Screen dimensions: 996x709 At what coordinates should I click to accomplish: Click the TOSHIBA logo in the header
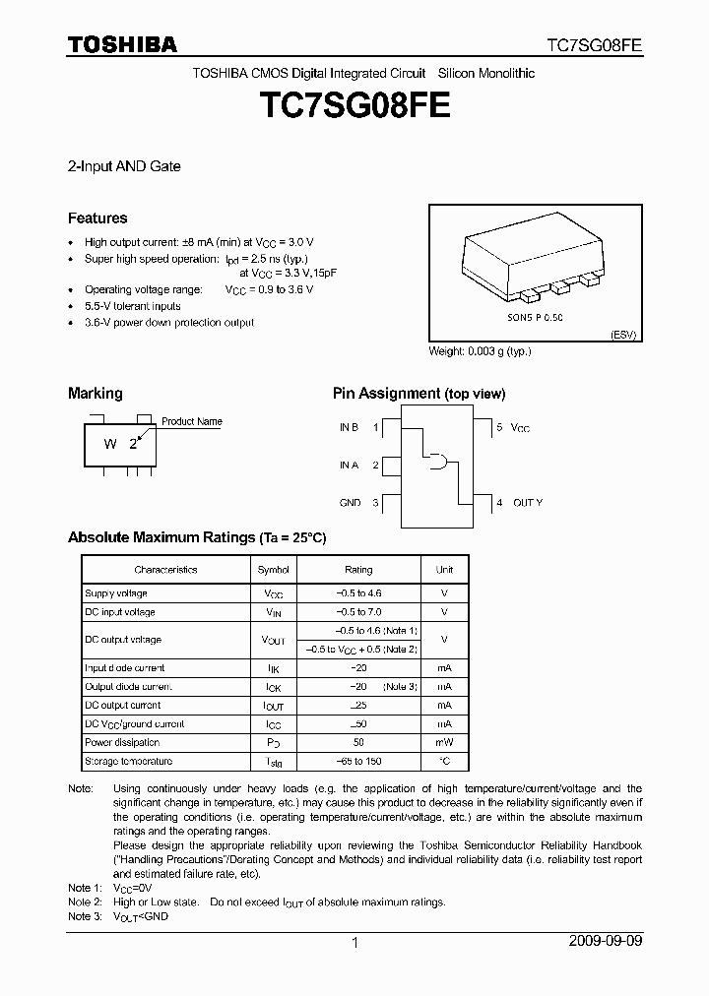pyautogui.click(x=122, y=44)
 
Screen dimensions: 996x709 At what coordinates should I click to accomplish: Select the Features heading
pyautogui.click(x=97, y=218)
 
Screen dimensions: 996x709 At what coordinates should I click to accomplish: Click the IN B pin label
pyautogui.click(x=349, y=427)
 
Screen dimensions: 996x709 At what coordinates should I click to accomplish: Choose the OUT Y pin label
pyautogui.click(x=527, y=503)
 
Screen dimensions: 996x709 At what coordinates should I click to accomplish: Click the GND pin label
pyautogui.click(x=350, y=503)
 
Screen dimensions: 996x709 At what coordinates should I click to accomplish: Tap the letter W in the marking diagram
pyautogui.click(x=111, y=444)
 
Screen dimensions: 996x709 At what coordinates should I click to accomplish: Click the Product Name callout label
pyautogui.click(x=191, y=421)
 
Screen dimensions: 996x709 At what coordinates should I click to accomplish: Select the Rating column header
pyautogui.click(x=358, y=570)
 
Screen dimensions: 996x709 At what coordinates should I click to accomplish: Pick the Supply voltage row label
pyautogui.click(x=116, y=593)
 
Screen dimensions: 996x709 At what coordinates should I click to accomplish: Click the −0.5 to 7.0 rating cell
pyautogui.click(x=358, y=612)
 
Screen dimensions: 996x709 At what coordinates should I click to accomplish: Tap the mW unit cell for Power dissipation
pyautogui.click(x=444, y=743)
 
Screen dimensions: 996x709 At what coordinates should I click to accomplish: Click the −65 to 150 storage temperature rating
pyautogui.click(x=358, y=762)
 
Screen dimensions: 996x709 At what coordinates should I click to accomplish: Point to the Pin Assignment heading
pyautogui.click(x=419, y=394)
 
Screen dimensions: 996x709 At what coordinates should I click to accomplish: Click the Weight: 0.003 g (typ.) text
pyautogui.click(x=480, y=351)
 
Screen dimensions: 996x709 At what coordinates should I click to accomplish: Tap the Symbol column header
pyautogui.click(x=274, y=570)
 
